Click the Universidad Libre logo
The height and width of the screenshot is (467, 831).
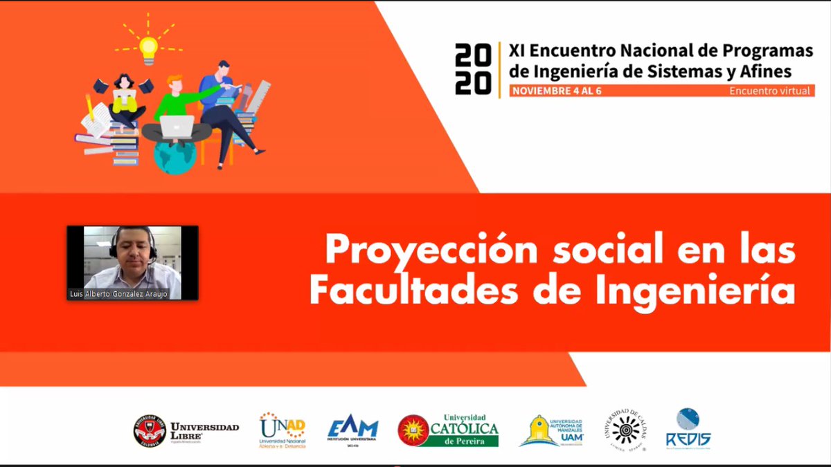tap(186, 430)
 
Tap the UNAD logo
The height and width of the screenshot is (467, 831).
tap(282, 430)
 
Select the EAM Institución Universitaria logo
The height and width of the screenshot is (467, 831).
tap(352, 430)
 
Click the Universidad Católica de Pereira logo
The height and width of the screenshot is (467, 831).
tap(448, 430)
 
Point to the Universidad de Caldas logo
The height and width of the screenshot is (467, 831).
tap(625, 430)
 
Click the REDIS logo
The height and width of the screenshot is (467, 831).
tap(688, 429)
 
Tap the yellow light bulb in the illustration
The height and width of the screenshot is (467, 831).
tap(148, 48)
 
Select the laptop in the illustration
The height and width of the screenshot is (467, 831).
tap(177, 127)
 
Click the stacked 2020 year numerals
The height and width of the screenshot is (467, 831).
tap(473, 68)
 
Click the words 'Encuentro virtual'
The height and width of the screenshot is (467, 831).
tap(769, 91)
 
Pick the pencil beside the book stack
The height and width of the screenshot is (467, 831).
tap(89, 106)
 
